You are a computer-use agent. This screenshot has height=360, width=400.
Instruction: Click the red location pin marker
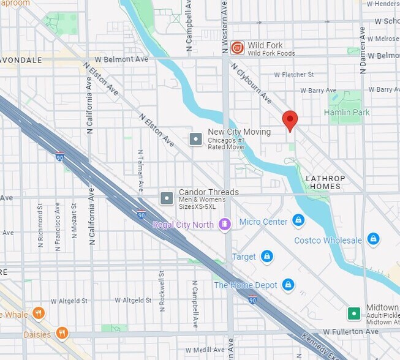tap(290, 120)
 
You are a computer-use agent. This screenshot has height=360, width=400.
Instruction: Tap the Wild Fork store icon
tap(237, 47)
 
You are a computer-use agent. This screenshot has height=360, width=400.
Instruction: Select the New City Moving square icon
tap(195, 139)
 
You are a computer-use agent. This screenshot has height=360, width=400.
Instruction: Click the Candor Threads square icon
tap(166, 198)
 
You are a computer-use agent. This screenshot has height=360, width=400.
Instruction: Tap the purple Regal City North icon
tap(225, 225)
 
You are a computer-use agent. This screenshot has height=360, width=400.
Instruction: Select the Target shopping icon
tap(267, 256)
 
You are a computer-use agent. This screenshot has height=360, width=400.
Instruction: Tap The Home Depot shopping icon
tap(288, 285)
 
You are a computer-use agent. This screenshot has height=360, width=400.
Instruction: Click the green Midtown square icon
tap(353, 313)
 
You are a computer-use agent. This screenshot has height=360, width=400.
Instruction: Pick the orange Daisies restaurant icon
tap(62, 334)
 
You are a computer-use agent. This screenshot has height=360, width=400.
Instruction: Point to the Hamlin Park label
tap(347, 113)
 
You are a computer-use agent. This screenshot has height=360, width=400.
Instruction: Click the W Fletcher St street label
tap(293, 75)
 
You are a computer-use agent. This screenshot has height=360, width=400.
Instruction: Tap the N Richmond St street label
tap(40, 225)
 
